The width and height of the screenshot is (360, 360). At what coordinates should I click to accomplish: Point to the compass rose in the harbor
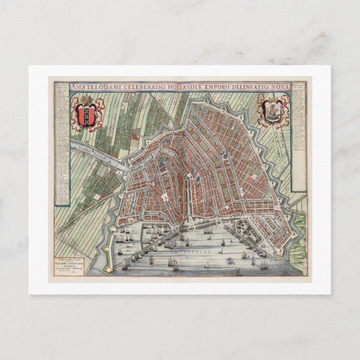tap(229, 261)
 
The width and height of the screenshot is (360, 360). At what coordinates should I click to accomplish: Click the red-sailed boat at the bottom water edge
tap(239, 272)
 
